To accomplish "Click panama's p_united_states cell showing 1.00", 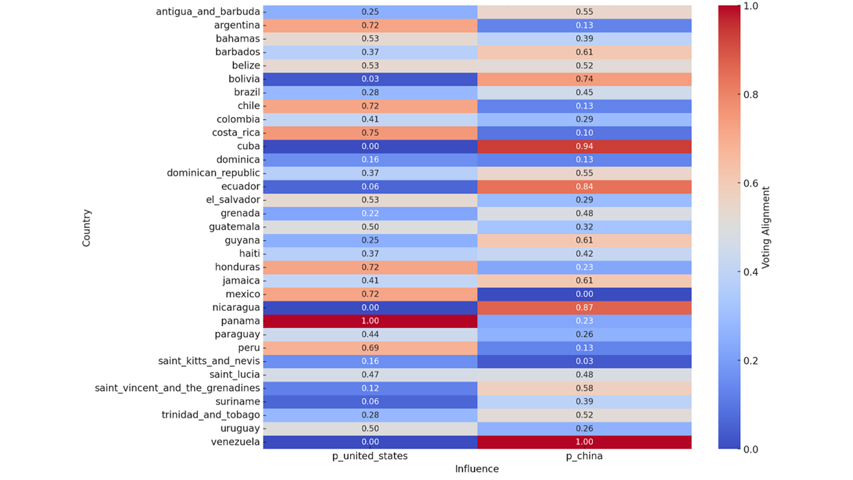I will (370, 321).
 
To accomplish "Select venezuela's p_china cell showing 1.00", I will (584, 442).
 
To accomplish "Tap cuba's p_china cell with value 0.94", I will (584, 146).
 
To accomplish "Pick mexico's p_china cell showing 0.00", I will (584, 294).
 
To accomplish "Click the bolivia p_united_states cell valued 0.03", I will (370, 79).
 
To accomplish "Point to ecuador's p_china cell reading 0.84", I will (584, 186).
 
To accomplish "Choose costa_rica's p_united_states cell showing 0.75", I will (370, 133).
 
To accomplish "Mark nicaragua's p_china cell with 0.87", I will (584, 307).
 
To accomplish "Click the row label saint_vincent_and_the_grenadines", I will (177, 388).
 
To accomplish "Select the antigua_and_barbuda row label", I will (208, 12).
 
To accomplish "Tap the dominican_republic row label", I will (213, 173).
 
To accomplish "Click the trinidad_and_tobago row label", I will (210, 415).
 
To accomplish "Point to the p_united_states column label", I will (370, 456).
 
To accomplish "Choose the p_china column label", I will (584, 456).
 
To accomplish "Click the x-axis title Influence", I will (477, 469).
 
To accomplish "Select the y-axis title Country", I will (86, 228).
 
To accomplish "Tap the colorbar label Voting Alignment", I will (766, 228).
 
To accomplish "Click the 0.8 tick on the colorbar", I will (751, 95).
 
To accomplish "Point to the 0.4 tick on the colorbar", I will (751, 272).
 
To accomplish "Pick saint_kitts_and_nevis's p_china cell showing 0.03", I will (584, 361).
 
